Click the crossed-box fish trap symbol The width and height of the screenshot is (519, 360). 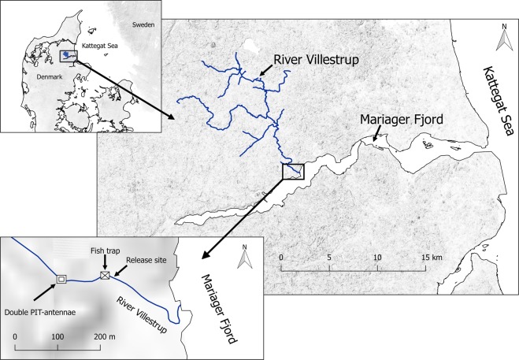[105, 275]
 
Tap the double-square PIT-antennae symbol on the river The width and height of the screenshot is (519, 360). [61, 278]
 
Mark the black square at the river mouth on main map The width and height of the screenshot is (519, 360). [292, 172]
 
